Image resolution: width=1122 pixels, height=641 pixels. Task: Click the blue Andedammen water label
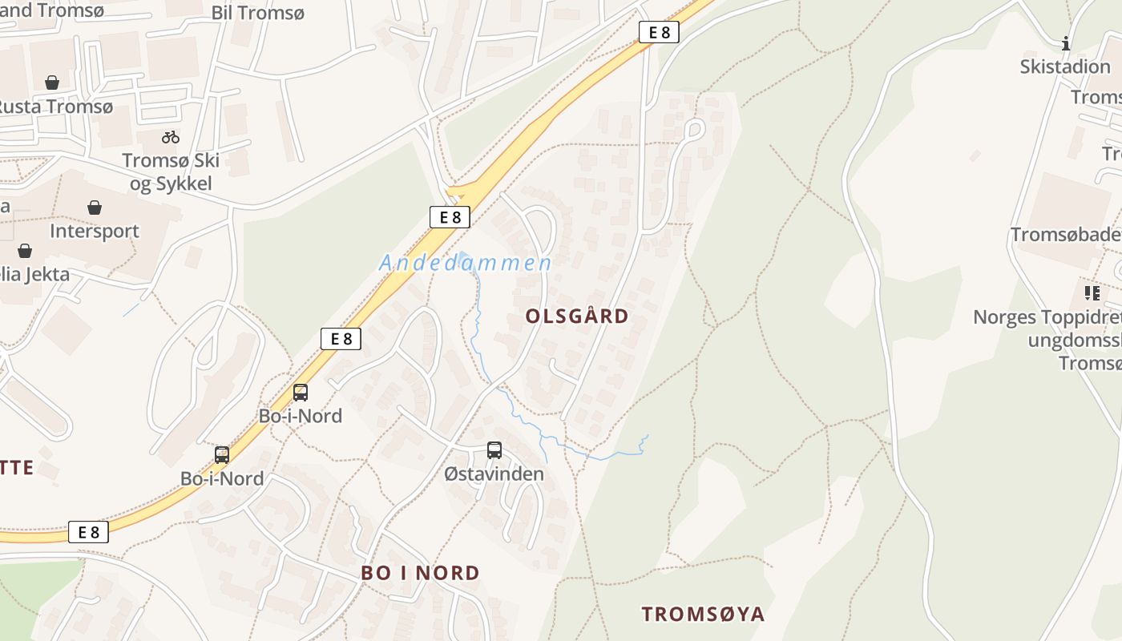point(465,263)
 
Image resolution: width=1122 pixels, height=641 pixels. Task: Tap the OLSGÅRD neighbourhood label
point(577,316)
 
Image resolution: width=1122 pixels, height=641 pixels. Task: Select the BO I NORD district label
point(420,574)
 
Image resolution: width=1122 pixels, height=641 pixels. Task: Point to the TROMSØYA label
point(703,615)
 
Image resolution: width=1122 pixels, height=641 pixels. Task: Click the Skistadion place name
point(1064,67)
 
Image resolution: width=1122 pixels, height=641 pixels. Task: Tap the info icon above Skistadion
point(1065,43)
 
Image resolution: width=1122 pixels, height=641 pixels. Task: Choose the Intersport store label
point(95,231)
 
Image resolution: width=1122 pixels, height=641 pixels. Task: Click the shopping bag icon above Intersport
point(95,208)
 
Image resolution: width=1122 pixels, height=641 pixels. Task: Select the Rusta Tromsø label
point(54,106)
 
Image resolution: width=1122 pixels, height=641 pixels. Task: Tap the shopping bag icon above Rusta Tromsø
point(52,83)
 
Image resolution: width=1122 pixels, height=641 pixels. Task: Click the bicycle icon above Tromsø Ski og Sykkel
point(171,137)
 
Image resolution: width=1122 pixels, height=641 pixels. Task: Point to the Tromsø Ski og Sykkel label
point(171,171)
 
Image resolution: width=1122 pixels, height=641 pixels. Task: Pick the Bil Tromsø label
point(258,13)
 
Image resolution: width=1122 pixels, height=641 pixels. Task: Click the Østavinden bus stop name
point(494,474)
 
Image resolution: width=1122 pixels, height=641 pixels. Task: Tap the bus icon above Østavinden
point(494,450)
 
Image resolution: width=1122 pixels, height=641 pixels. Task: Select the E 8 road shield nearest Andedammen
point(450,217)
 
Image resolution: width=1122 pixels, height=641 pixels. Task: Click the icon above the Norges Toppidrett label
point(1092,293)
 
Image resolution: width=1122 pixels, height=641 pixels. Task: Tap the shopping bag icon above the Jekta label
point(25,251)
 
